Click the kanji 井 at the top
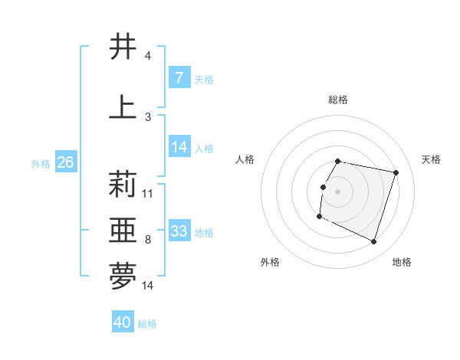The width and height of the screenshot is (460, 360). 123,47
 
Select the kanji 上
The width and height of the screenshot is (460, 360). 123,107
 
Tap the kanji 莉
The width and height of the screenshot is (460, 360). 123,184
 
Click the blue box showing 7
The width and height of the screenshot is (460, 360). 179,77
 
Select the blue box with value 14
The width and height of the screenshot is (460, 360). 179,147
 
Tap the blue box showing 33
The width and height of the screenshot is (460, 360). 179,231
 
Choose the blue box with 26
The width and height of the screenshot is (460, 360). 65,162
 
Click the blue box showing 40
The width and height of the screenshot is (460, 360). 122,322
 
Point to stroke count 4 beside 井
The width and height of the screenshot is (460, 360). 147,56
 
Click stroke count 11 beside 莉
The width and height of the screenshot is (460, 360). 148,193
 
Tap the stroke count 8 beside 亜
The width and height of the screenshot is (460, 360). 147,240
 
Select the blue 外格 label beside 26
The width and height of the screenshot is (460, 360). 41,163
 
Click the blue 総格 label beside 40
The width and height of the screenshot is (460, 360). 147,324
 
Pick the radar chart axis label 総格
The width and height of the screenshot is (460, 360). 338,100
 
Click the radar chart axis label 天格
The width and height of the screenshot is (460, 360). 432,159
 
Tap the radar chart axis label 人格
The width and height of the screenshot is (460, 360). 245,159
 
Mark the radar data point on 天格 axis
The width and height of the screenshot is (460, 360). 396,173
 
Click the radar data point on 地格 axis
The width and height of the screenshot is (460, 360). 373,241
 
